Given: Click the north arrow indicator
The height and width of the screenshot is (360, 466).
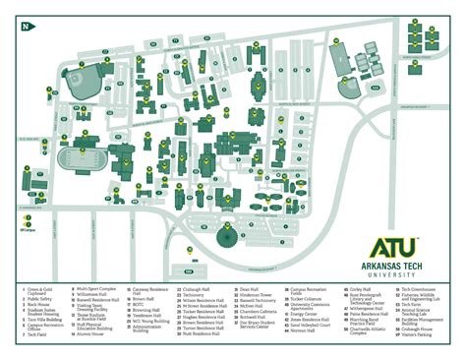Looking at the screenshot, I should coord(25,27).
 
